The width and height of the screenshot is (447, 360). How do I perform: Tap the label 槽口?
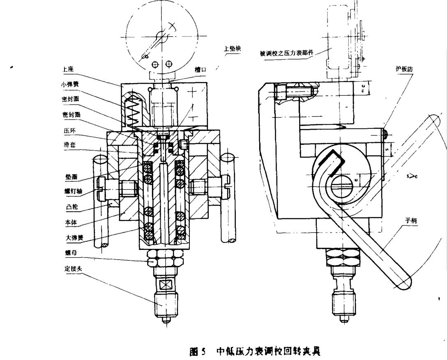pyautogui.click(x=200, y=70)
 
